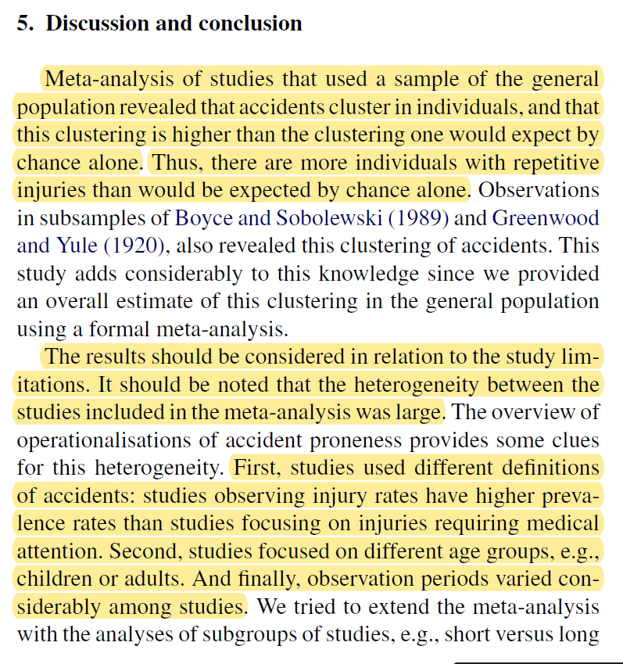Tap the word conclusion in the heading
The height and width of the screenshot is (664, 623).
(x=250, y=23)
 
